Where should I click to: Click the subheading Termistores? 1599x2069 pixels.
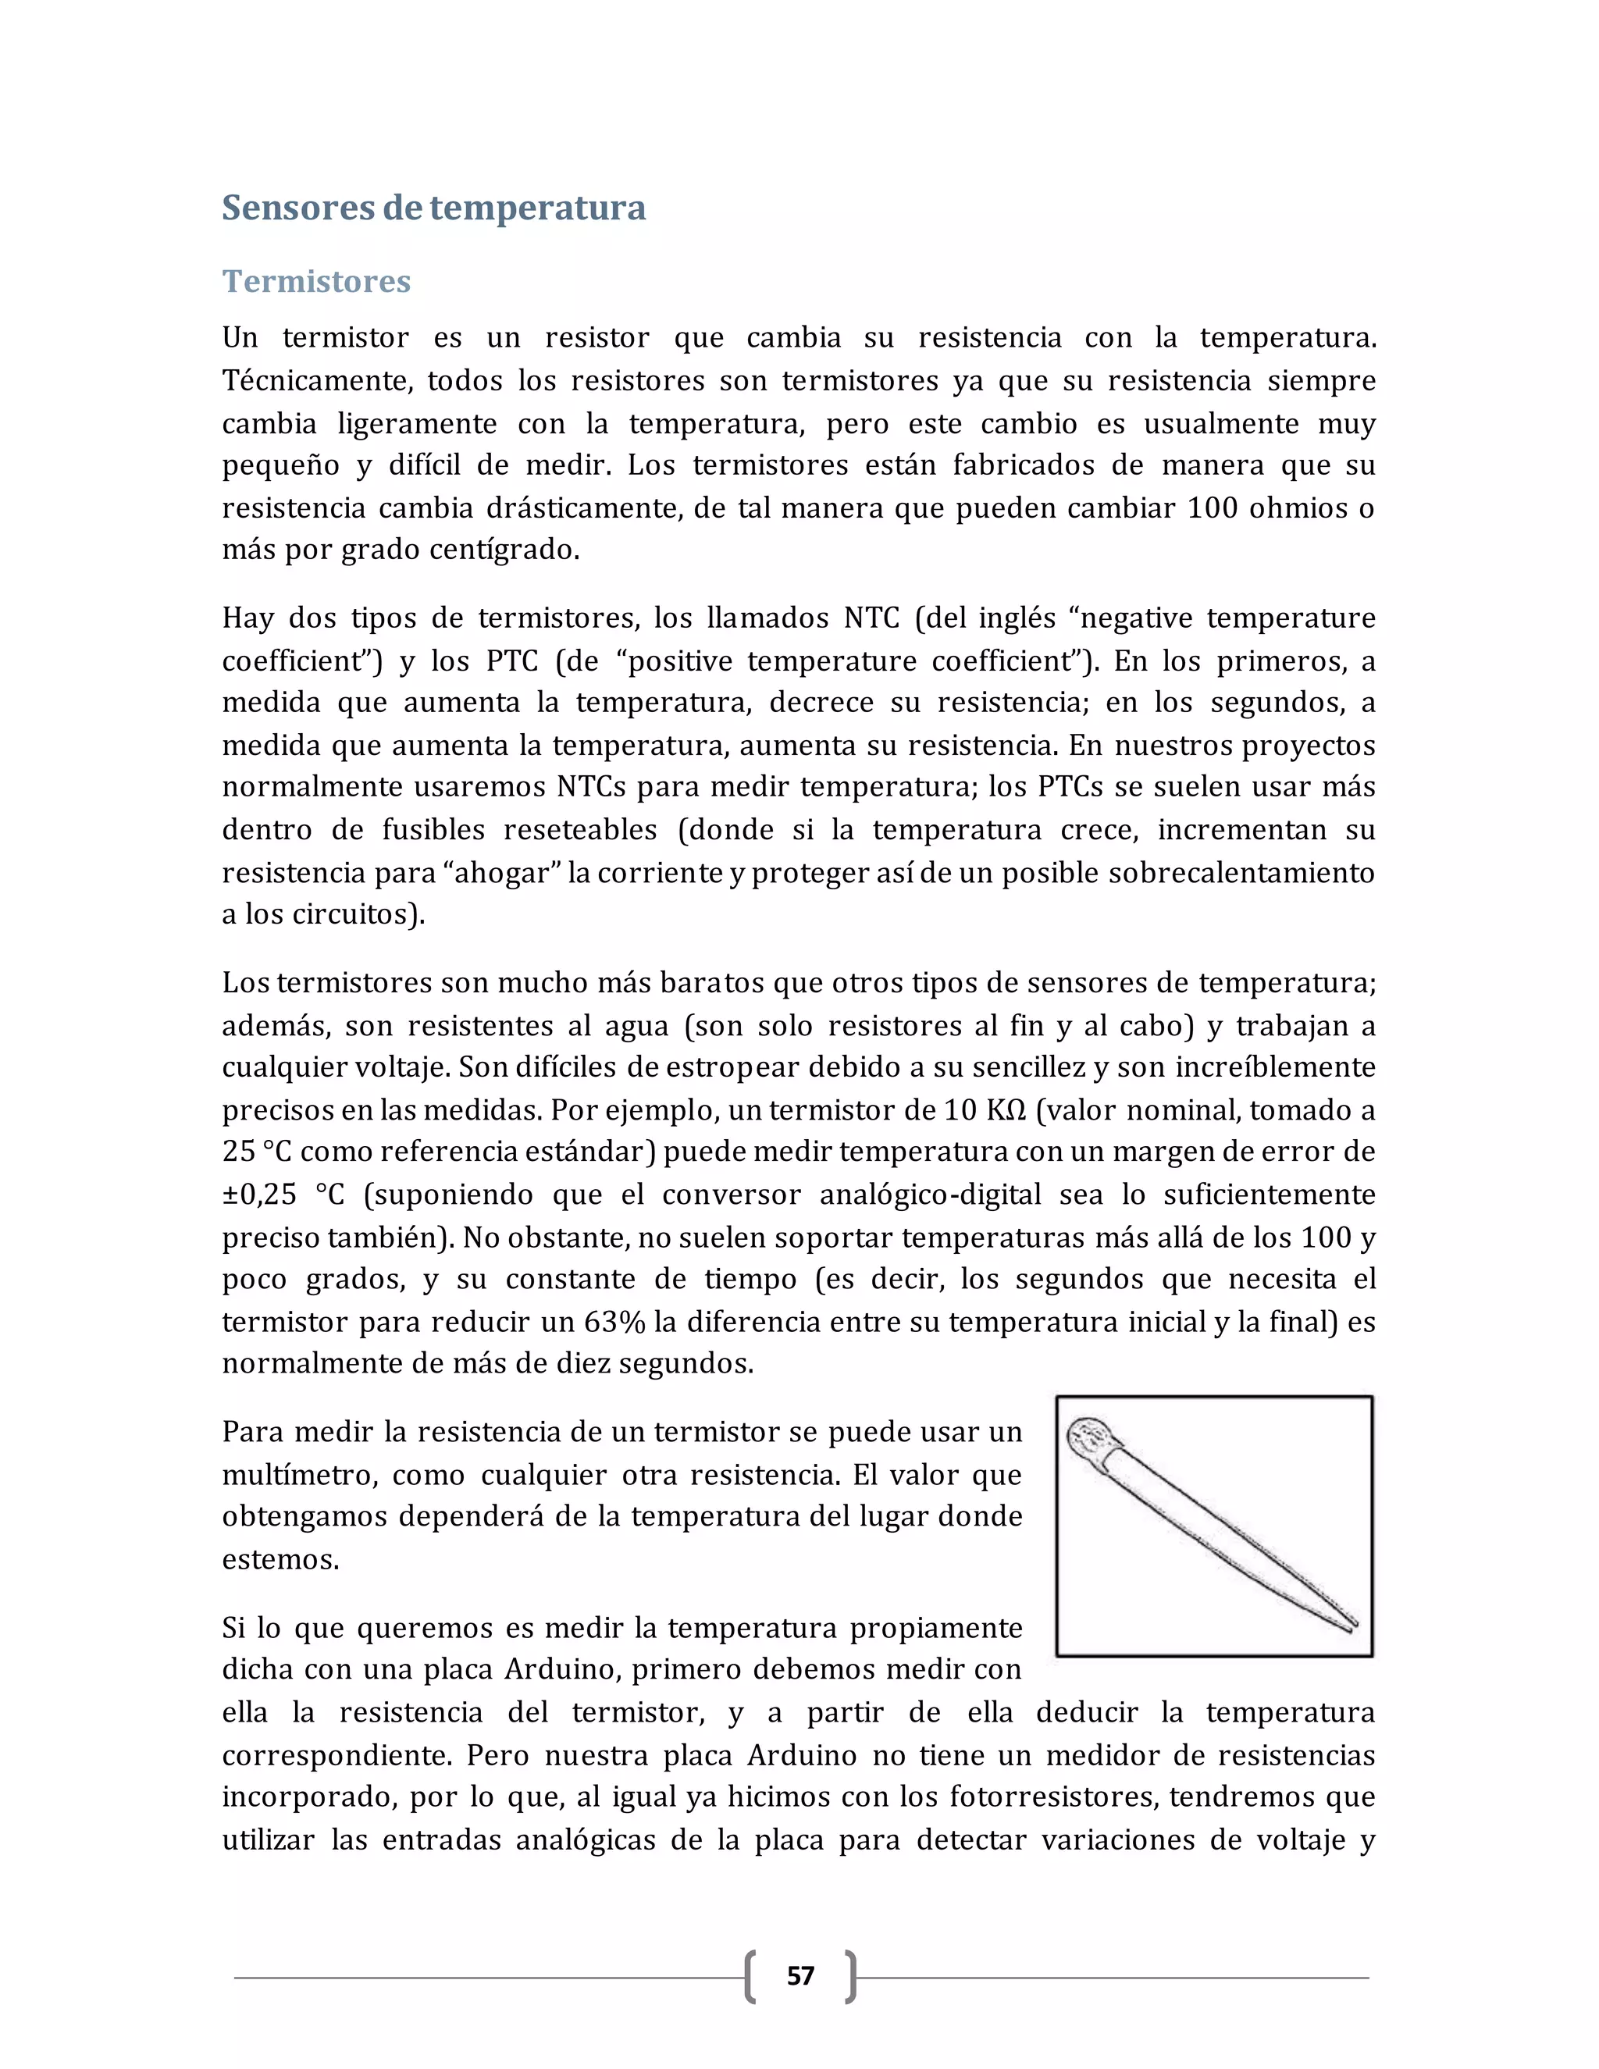tap(316, 281)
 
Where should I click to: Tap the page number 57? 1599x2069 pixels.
tap(800, 1975)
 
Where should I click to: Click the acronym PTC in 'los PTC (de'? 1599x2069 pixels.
tap(511, 661)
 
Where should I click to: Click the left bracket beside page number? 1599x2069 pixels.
tap(750, 1976)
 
